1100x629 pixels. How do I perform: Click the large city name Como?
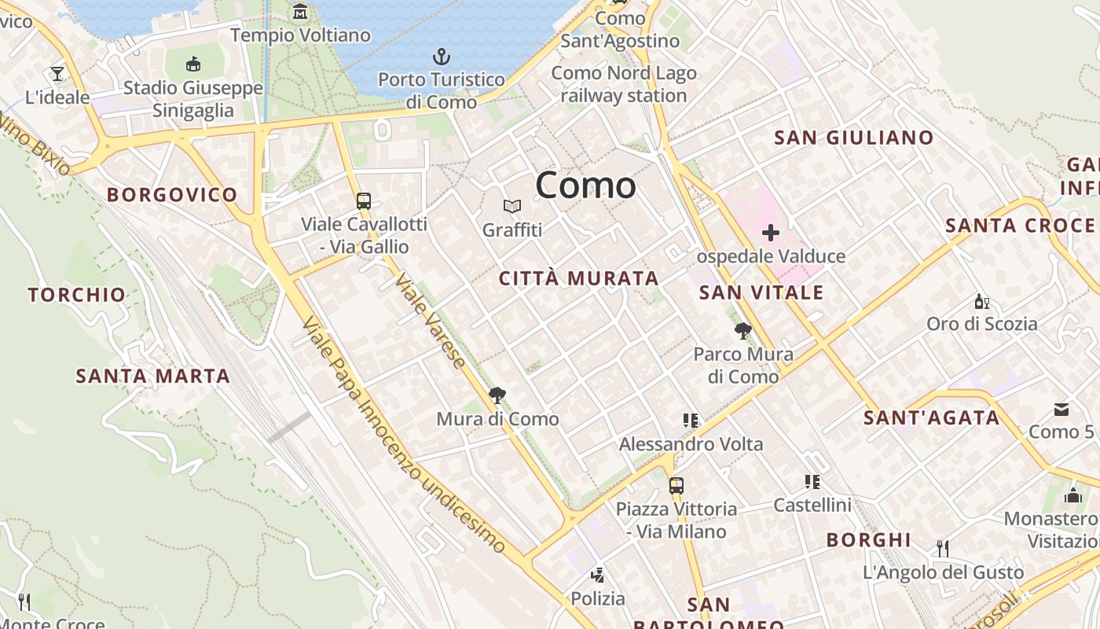pos(585,186)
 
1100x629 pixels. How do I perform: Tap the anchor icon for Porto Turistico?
pos(442,57)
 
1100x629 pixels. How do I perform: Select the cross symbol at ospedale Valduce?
pos(771,233)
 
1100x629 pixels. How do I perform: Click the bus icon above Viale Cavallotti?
pos(363,200)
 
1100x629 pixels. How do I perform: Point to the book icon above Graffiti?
pos(512,206)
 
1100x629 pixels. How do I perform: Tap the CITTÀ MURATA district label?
pos(579,278)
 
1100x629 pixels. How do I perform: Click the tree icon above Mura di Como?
pos(497,395)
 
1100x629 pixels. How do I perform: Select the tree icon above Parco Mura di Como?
pos(742,330)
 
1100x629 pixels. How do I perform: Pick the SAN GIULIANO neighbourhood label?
pos(854,138)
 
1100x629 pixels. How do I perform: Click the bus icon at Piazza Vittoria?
pos(676,485)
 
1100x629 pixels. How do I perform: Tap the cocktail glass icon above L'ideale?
pos(57,74)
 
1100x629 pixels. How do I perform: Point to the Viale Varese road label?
pos(430,320)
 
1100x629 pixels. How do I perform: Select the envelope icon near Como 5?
pos(1061,409)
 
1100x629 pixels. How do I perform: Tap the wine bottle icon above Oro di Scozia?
pos(981,301)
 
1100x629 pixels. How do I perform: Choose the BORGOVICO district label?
pos(172,194)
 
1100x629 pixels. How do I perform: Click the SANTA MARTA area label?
pos(153,376)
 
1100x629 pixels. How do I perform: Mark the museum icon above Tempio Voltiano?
pos(300,12)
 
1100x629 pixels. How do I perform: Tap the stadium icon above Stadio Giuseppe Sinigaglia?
pos(193,64)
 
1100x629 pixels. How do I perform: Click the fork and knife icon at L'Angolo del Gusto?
pos(943,548)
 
